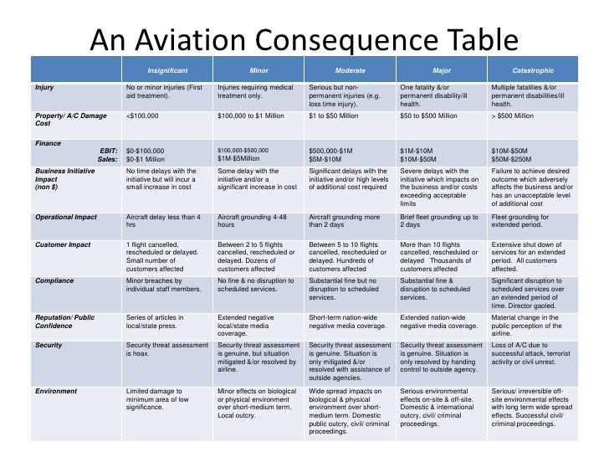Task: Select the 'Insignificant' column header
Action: (167, 70)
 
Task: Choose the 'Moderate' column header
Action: (350, 70)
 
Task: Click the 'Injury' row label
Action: (44, 87)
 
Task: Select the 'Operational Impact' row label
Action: (66, 218)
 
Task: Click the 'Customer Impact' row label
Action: (64, 245)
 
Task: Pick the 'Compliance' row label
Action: (54, 281)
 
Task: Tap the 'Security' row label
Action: (49, 345)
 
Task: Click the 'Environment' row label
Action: (56, 391)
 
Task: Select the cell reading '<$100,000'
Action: (141, 116)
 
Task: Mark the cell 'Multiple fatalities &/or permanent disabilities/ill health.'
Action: (532, 95)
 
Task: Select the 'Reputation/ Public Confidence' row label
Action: (65, 322)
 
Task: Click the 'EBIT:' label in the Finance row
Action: (108, 150)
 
